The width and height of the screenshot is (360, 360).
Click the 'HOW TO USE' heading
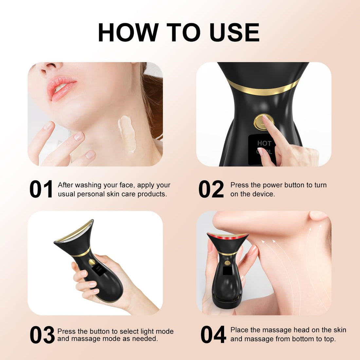179,32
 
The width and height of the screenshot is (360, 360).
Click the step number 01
41,189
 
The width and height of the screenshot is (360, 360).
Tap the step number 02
211,189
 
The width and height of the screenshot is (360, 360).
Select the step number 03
42,335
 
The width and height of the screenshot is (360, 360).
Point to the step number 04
213,335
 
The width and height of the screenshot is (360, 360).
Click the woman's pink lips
61,88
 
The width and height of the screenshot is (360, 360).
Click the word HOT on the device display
264,143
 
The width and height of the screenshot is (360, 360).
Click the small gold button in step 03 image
92,262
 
